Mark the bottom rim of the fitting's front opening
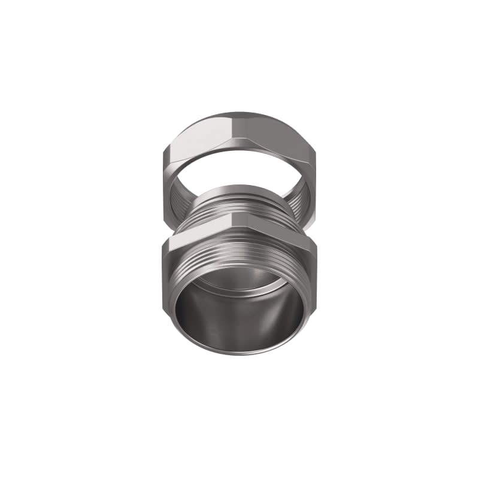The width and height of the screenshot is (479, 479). [239, 353]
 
